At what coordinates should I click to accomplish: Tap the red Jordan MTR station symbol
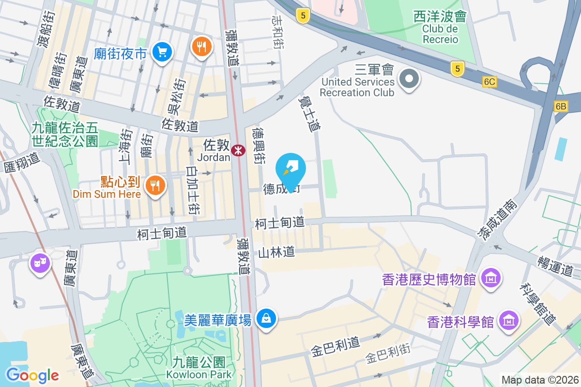[238, 150]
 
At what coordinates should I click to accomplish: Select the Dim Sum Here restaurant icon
[155, 185]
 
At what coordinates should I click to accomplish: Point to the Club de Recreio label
[440, 34]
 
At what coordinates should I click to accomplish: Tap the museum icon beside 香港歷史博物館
[491, 278]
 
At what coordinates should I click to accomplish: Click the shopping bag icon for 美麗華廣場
[266, 318]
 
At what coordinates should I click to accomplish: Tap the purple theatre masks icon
[41, 263]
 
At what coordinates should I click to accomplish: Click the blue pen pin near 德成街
[290, 170]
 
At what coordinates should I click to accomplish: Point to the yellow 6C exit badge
[489, 82]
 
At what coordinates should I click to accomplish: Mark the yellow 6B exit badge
[561, 106]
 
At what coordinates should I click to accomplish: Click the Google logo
[32, 375]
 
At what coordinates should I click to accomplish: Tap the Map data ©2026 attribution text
[539, 380]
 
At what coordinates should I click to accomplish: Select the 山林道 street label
[276, 252]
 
